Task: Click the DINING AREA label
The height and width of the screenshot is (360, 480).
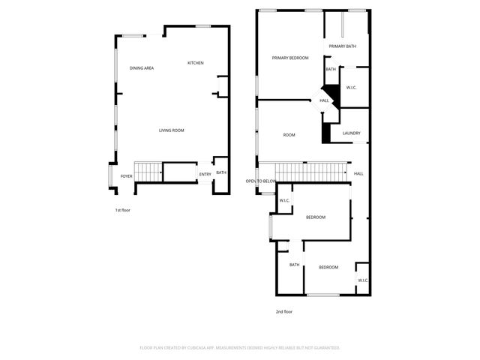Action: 142,68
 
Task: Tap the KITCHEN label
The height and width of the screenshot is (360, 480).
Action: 196,63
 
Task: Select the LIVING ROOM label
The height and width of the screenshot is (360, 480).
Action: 171,130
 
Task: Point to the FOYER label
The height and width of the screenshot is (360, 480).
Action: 126,176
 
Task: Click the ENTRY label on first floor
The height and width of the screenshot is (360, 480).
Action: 205,175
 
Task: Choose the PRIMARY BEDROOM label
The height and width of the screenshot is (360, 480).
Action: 290,58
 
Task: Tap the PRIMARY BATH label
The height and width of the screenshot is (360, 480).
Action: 342,46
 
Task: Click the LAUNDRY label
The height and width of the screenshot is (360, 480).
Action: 352,133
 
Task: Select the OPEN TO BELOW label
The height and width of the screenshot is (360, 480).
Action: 261,181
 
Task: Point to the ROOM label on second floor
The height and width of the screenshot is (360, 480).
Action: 289,135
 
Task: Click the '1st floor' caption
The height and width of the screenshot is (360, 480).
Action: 122,210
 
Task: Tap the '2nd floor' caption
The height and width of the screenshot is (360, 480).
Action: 283,311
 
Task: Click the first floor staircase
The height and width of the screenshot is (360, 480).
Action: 148,172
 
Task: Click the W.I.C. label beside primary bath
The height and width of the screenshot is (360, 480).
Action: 351,88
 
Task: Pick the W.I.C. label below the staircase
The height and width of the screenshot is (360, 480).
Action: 285,200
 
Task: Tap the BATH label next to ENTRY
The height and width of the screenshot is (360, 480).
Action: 221,172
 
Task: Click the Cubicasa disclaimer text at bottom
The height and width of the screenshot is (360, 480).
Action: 240,347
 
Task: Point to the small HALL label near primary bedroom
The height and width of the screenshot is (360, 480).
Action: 324,100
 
